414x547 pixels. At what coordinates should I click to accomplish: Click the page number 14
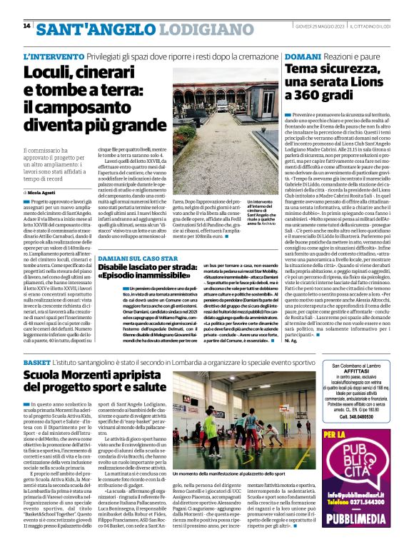[26, 26]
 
